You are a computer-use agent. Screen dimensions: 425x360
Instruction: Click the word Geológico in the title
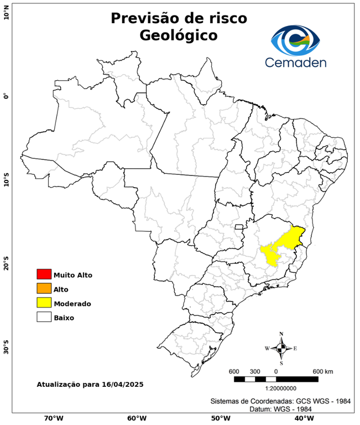(x=179, y=35)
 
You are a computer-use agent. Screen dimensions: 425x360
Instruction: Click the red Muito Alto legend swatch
(x=44, y=274)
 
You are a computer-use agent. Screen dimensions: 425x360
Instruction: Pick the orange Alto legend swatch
(x=44, y=289)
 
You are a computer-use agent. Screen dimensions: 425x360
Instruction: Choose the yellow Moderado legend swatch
(x=44, y=303)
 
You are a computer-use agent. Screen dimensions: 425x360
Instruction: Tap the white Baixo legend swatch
(x=44, y=318)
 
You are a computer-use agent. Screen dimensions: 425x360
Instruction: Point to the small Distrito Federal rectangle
(x=239, y=227)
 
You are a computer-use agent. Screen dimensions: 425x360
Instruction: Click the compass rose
(x=281, y=348)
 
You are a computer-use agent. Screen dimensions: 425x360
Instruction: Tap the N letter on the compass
(x=281, y=334)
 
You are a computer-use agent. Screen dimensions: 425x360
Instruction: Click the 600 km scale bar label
(x=322, y=371)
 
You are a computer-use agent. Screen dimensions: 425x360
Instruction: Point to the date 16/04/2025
(x=122, y=383)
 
